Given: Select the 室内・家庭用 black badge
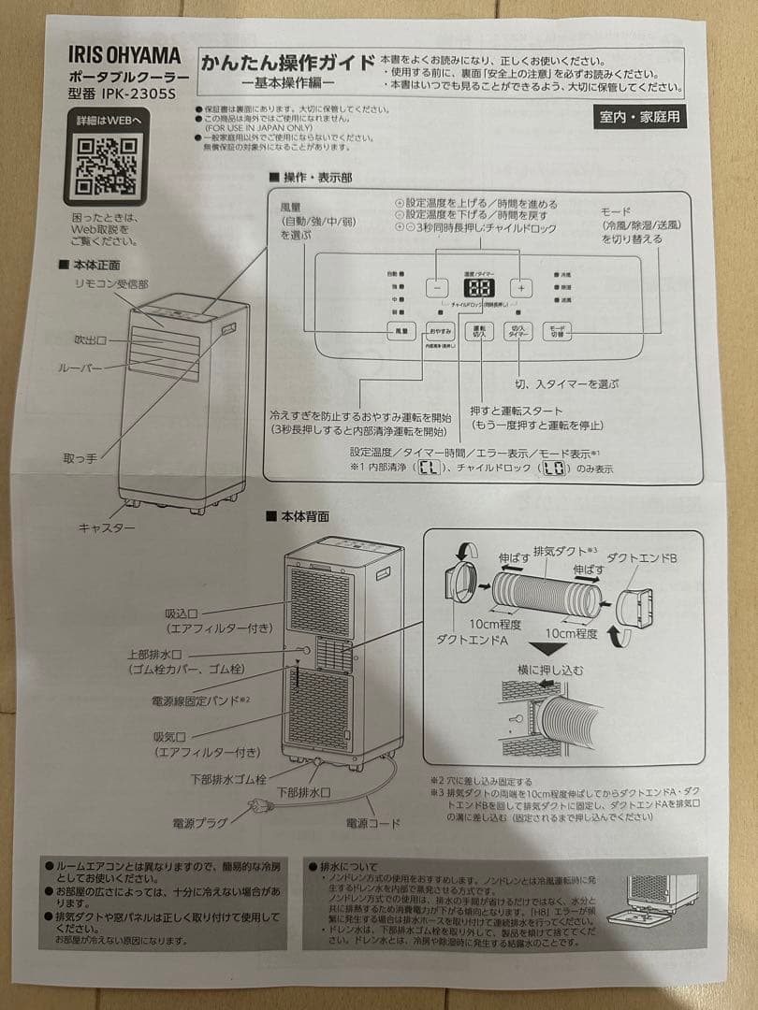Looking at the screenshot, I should click(640, 118).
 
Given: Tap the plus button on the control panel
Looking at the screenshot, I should click(521, 289).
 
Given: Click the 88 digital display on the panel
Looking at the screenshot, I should click(479, 289).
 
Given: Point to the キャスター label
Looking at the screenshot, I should click(107, 528).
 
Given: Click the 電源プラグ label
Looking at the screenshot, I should click(200, 823).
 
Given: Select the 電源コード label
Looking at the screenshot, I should click(372, 823).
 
